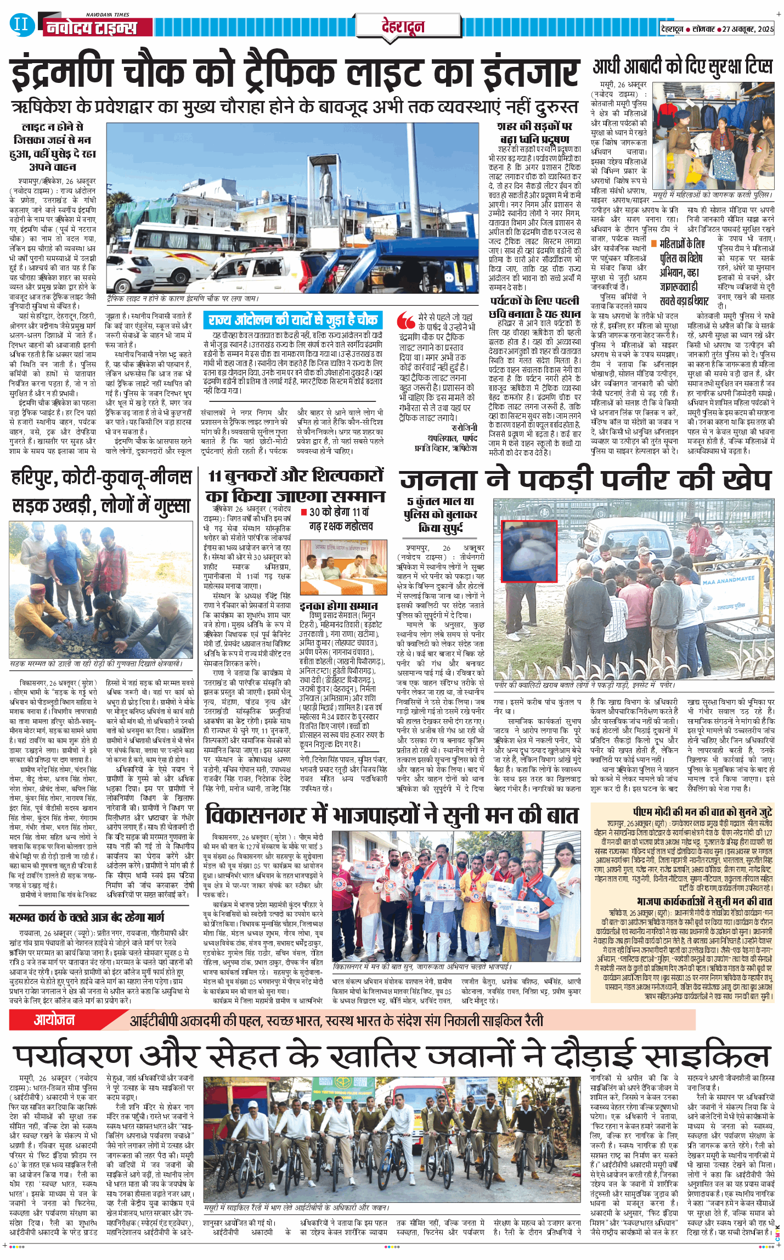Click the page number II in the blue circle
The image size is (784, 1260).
20,24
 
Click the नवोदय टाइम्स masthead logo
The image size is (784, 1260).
91,27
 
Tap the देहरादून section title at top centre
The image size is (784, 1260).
403,26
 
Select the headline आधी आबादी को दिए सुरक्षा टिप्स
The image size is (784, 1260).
683,66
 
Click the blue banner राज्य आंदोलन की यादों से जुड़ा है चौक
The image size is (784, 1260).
292,320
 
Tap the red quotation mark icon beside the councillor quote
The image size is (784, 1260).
406,320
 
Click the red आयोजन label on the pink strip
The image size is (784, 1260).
54,1020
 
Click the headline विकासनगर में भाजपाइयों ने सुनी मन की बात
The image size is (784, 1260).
391,815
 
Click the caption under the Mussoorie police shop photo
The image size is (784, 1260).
712,195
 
